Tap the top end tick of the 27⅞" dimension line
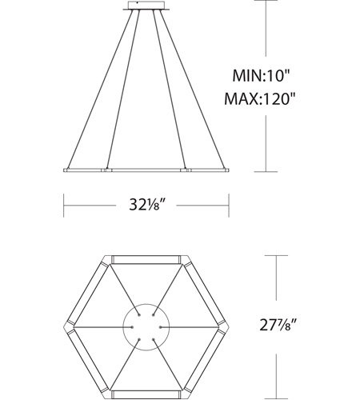pos(277,256)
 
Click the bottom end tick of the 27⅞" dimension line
pos(277,396)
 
